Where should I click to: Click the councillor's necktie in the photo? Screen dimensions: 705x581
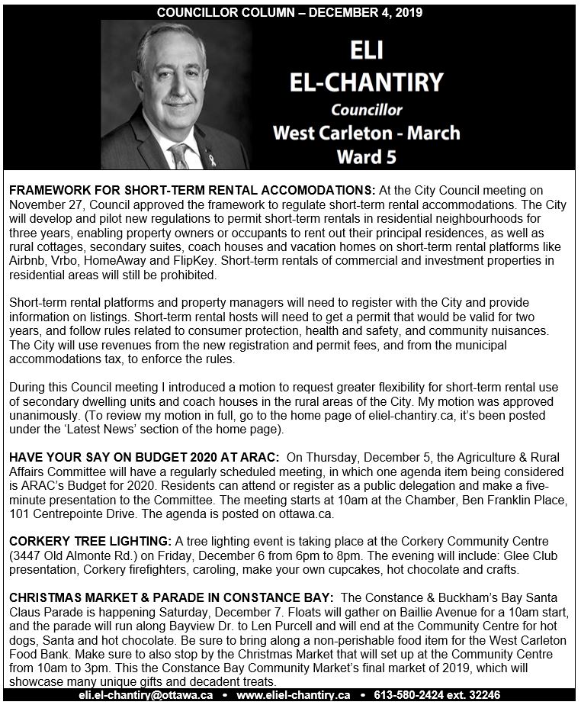pyautogui.click(x=180, y=156)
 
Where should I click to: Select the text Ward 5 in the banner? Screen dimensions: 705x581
pyautogui.click(x=366, y=157)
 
